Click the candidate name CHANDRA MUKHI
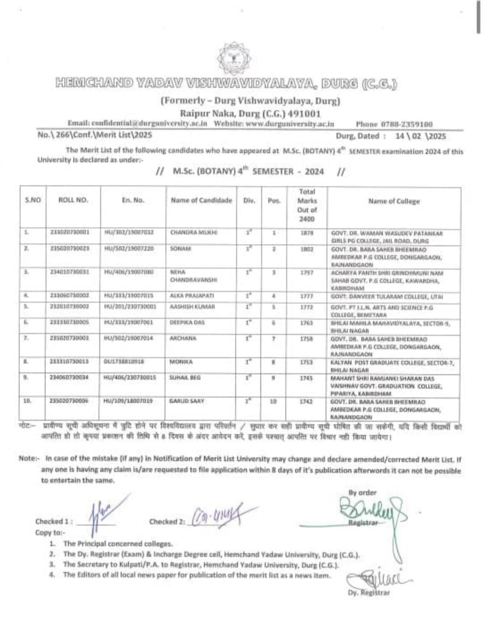pos(186,233)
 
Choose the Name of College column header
pos(394,201)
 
